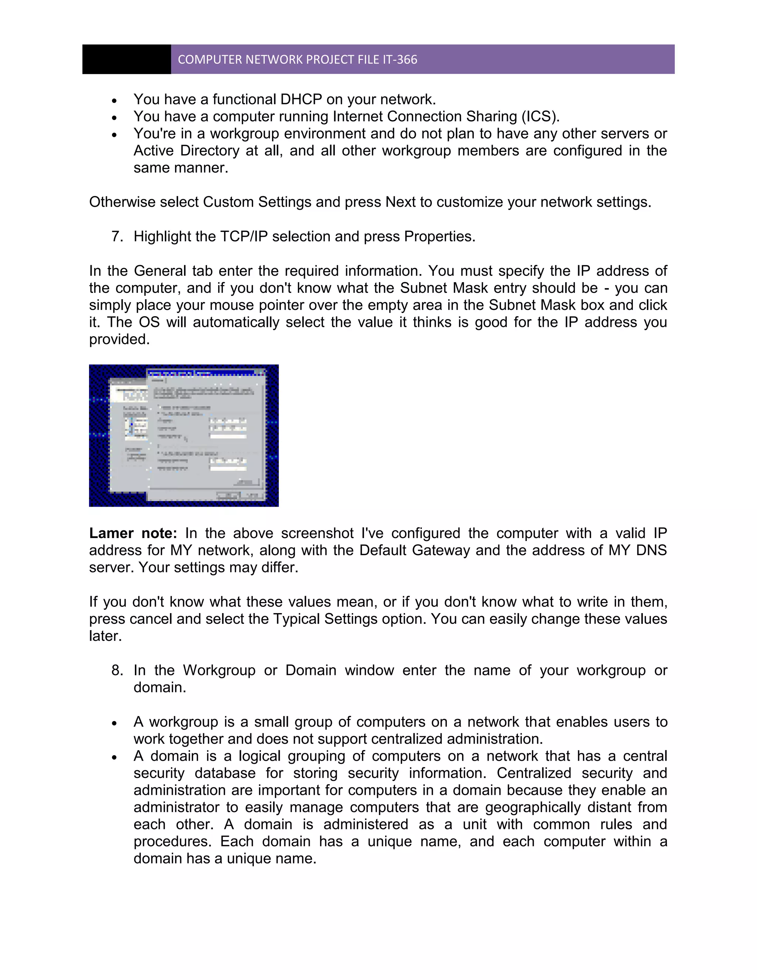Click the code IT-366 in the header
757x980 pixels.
click(x=400, y=60)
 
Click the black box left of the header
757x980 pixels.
click(x=126, y=59)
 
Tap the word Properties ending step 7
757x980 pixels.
click(x=439, y=236)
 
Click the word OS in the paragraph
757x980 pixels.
click(x=149, y=322)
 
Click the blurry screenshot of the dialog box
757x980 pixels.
click(x=184, y=435)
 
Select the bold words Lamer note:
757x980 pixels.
click(x=133, y=533)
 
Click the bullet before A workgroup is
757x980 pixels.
click(x=115, y=723)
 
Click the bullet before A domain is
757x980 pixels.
click(x=115, y=757)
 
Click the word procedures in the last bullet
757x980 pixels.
click(x=172, y=841)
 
